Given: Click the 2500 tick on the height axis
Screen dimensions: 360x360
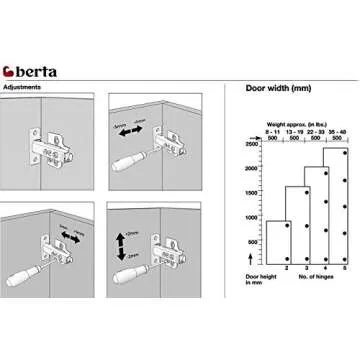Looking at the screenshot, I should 251,145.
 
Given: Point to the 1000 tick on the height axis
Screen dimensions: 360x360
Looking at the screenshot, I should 251,218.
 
